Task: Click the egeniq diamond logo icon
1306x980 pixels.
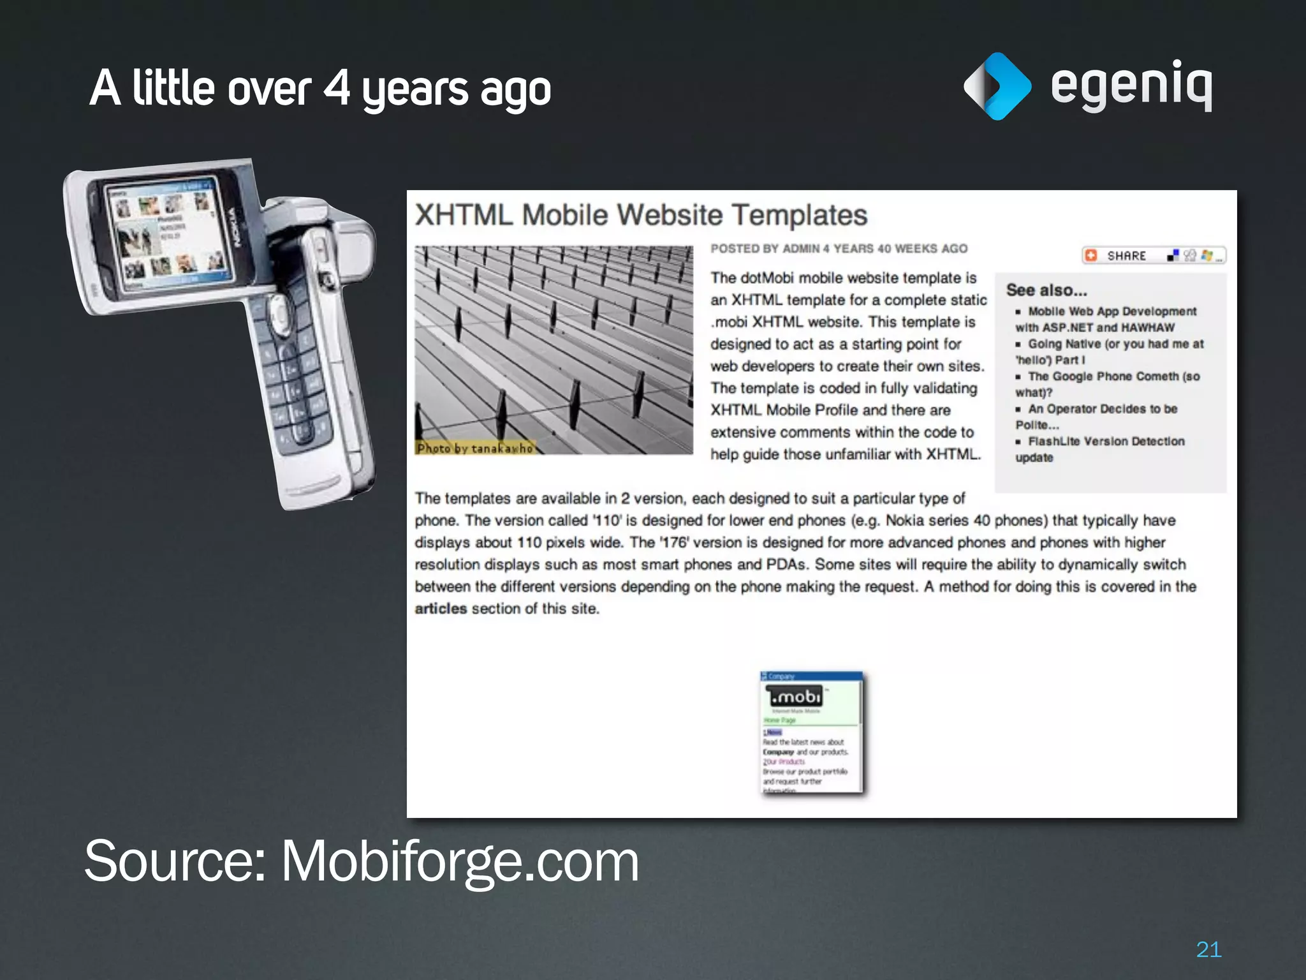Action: [997, 86]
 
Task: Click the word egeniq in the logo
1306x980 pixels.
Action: [1131, 86]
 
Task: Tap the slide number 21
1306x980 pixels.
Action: [1208, 949]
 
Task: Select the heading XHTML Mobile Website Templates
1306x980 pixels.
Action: [641, 215]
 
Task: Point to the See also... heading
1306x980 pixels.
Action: [1046, 290]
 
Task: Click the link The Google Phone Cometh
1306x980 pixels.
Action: [1113, 376]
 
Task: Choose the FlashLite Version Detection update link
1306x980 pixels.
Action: [1105, 442]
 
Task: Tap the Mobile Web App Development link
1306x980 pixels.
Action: [1112, 311]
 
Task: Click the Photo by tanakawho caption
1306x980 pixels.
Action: [474, 449]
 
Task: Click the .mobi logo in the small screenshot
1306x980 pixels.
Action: [795, 697]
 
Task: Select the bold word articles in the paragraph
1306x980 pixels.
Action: [441, 609]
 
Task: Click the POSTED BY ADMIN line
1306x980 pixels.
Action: [839, 249]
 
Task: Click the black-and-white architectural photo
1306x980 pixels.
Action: [554, 345]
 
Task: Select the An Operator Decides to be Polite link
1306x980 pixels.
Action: [1102, 409]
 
